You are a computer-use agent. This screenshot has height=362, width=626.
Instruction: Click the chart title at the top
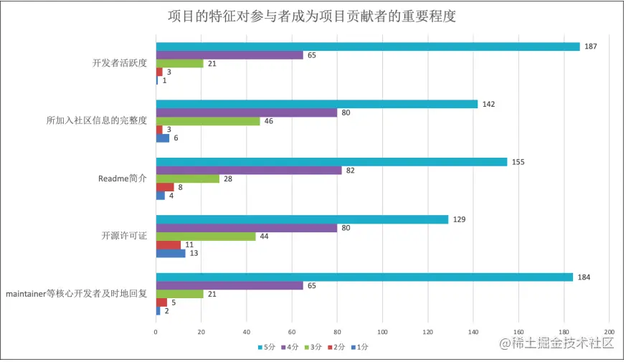[x=312, y=16]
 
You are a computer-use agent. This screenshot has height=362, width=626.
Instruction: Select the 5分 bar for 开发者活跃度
[x=367, y=47]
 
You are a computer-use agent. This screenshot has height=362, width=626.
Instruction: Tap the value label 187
[x=591, y=47]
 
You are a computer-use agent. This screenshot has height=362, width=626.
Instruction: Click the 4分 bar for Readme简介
[x=249, y=170]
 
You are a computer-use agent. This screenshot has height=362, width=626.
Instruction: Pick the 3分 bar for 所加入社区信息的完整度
[x=208, y=121]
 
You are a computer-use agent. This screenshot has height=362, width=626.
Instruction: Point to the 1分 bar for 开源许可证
[x=171, y=253]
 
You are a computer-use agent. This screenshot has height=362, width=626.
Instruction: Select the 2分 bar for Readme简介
[x=165, y=187]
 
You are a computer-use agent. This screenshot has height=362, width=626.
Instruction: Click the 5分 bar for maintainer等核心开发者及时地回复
[x=364, y=277]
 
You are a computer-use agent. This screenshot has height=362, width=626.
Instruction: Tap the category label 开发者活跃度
[x=120, y=63]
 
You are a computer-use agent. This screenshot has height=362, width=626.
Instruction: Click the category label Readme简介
[x=122, y=178]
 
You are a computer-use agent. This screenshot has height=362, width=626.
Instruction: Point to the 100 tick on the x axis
[x=382, y=332]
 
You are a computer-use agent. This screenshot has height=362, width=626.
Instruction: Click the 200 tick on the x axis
[x=609, y=332]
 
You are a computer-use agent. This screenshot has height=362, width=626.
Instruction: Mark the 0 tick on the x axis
[x=156, y=332]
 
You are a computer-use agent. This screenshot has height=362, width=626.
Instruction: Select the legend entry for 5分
[x=267, y=347]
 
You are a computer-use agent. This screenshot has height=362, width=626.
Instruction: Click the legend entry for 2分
[x=336, y=347]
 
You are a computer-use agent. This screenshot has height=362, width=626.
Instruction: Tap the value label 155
[x=518, y=162]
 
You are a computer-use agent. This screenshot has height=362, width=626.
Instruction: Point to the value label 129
[x=459, y=219]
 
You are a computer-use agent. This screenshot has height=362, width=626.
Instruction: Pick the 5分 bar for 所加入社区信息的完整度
[x=316, y=104]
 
